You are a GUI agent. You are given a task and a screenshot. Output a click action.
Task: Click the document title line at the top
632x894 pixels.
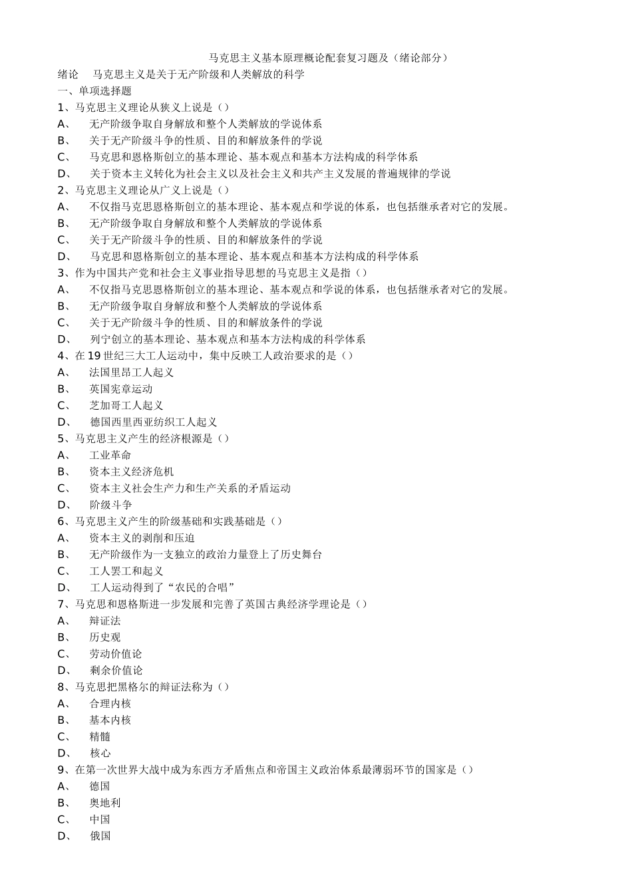(x=329, y=58)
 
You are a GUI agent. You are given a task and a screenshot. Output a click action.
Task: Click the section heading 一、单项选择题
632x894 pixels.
(x=94, y=91)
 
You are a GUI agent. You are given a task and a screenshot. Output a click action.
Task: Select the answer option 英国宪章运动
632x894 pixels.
(x=121, y=389)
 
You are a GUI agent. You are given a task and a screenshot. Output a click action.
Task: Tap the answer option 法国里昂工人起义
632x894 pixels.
(x=132, y=372)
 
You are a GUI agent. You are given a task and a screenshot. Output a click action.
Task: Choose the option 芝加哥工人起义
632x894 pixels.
(x=126, y=406)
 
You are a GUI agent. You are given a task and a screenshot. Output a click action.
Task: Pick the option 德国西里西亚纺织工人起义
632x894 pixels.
(x=154, y=422)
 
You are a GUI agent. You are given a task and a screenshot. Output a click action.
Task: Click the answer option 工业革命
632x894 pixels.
(x=110, y=456)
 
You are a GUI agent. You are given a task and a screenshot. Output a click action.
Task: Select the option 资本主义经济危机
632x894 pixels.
(x=132, y=472)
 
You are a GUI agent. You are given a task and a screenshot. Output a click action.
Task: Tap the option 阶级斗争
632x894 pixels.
(x=111, y=505)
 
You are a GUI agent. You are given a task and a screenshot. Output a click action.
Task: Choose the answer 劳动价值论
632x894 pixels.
(x=116, y=654)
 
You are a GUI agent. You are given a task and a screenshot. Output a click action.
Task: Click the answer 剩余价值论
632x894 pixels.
(x=116, y=670)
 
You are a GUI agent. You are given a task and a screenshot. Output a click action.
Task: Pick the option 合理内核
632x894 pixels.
(x=110, y=704)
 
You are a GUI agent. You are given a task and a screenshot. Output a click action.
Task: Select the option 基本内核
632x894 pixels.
(x=110, y=720)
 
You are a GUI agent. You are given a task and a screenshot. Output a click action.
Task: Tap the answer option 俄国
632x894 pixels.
(x=100, y=836)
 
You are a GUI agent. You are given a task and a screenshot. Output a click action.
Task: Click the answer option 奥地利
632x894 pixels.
(x=105, y=803)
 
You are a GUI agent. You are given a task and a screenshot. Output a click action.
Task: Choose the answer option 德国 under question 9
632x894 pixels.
(x=100, y=786)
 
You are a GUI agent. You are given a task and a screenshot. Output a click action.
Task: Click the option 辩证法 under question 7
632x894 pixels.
(x=105, y=621)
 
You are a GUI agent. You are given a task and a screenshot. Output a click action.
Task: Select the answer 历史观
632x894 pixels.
(x=105, y=637)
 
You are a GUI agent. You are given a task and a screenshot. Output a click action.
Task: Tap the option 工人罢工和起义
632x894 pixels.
(x=126, y=571)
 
